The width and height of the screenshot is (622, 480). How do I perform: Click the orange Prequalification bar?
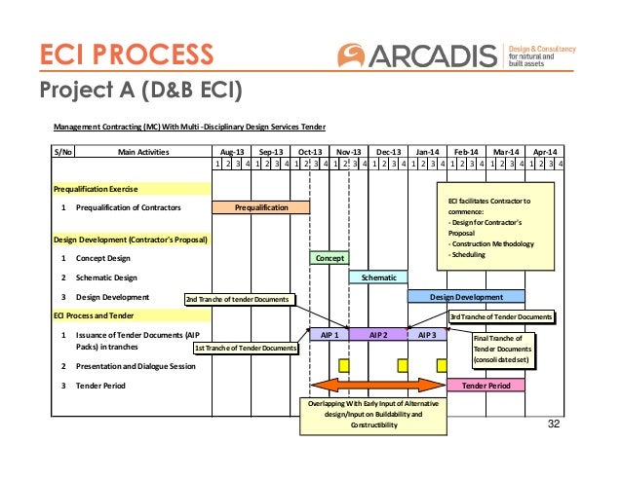click(x=261, y=207)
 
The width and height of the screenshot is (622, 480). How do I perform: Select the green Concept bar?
click(x=330, y=258)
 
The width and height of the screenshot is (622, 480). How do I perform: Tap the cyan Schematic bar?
click(x=378, y=277)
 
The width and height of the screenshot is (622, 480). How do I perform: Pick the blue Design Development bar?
click(x=466, y=297)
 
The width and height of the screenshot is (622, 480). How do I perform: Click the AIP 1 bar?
click(x=330, y=334)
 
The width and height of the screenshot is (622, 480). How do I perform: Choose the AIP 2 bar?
click(x=378, y=334)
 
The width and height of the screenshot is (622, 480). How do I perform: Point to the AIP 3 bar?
click(x=427, y=334)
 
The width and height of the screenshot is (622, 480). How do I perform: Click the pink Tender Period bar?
click(x=486, y=386)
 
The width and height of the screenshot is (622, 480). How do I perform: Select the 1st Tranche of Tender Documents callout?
click(x=245, y=348)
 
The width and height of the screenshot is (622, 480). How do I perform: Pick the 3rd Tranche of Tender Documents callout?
click(x=501, y=316)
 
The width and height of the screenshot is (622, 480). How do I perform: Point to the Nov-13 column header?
click(x=349, y=153)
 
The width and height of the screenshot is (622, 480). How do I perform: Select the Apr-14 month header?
click(x=546, y=153)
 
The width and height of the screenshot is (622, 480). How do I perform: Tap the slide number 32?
click(x=555, y=425)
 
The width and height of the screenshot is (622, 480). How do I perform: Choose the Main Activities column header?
click(x=143, y=153)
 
